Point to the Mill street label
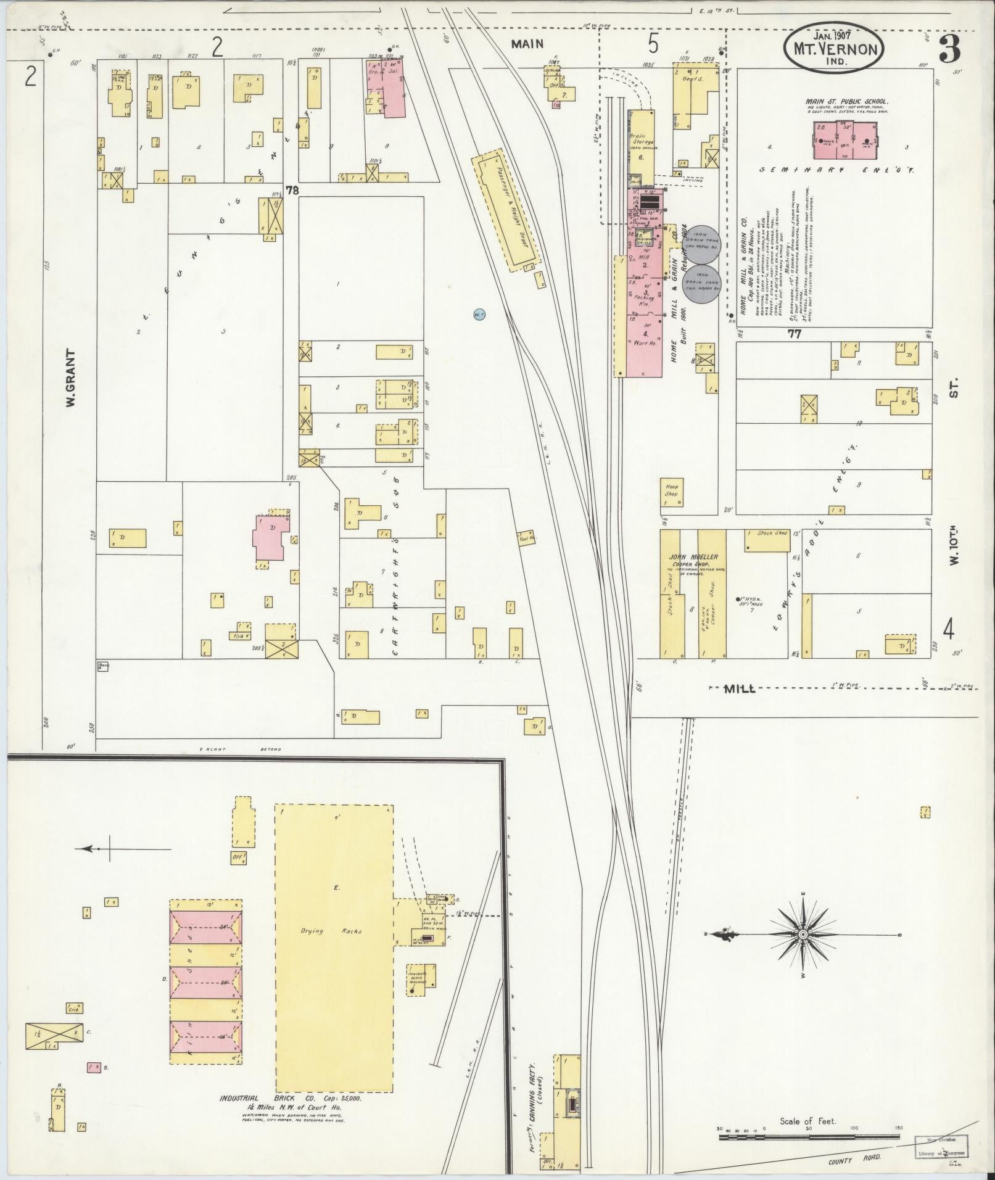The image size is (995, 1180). coord(739,689)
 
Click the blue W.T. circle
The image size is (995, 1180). coord(479,315)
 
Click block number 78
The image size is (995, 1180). coord(292,191)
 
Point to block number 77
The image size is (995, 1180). coord(794,334)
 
